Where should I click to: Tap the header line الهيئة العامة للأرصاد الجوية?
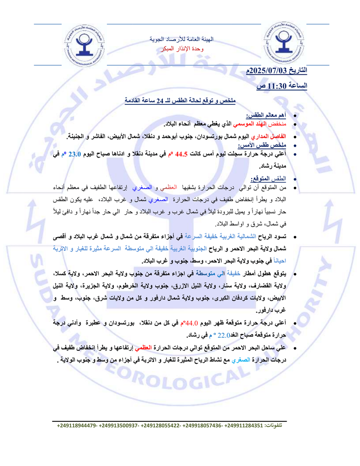tap(182, 40)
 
